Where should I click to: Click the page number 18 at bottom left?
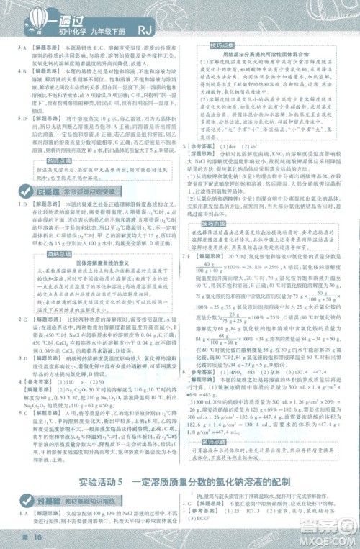(15, 540)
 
